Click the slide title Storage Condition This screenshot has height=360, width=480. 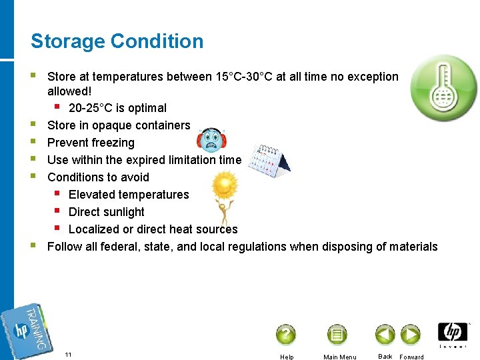point(117,41)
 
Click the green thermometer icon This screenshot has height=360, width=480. point(443,87)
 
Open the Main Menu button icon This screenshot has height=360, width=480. point(337,334)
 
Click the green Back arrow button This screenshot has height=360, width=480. point(385,334)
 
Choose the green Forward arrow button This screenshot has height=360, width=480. point(410,334)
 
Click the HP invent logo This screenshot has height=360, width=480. point(453,334)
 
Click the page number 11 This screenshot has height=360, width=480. point(69,354)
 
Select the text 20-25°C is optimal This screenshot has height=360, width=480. point(117,108)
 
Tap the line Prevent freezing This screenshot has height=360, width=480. point(91,143)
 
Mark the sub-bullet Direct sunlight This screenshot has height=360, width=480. point(106,212)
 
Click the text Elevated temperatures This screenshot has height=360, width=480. point(129,195)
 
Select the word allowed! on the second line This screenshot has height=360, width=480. point(69,91)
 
